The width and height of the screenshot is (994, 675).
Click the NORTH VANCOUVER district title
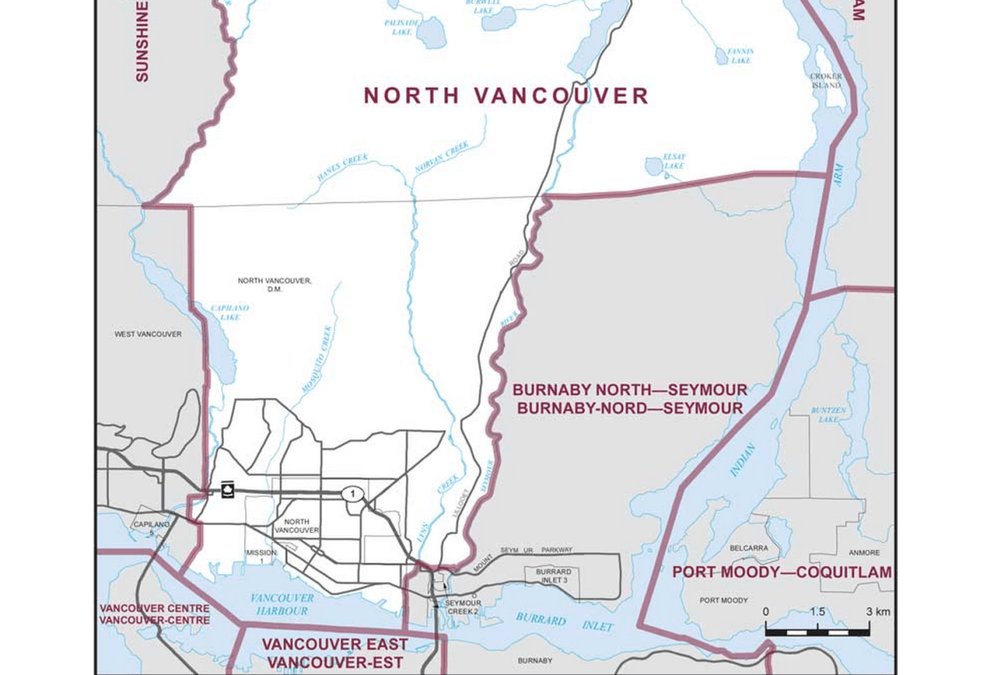506,96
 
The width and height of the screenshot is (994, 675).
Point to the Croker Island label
826,80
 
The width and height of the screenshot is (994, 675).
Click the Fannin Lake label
740,55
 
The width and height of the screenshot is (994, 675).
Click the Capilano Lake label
229,312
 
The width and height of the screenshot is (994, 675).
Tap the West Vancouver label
148,334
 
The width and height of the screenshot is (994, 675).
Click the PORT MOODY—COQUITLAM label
782,572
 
